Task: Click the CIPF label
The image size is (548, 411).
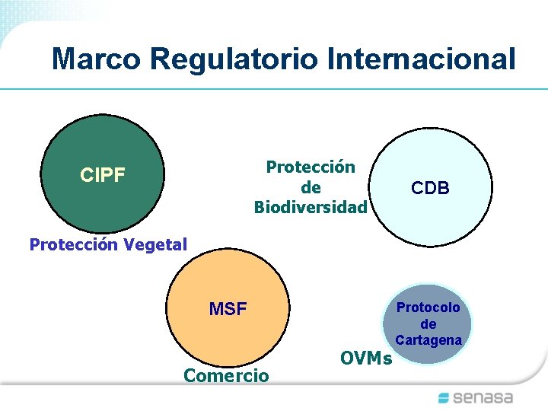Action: pyautogui.click(x=103, y=176)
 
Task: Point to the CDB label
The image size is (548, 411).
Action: pyautogui.click(x=430, y=188)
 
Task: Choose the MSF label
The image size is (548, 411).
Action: pyautogui.click(x=228, y=310)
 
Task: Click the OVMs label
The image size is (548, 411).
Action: pyautogui.click(x=366, y=358)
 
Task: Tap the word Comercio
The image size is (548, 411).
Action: pyautogui.click(x=226, y=375)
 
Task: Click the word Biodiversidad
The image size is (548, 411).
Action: pyautogui.click(x=311, y=207)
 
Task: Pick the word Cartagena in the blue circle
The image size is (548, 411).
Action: pyautogui.click(x=429, y=340)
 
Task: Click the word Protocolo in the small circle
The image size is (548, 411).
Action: pyautogui.click(x=429, y=307)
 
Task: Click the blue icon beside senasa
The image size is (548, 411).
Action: pyautogui.click(x=445, y=397)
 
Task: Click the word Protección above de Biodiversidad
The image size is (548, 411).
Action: pyautogui.click(x=311, y=167)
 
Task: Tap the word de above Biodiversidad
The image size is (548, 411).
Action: pyautogui.click(x=311, y=187)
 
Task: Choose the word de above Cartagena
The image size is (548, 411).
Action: pyautogui.click(x=429, y=324)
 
